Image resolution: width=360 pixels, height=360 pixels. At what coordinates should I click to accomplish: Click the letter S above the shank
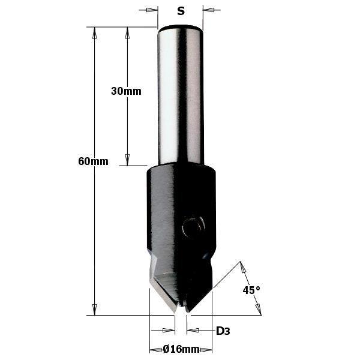(x=181, y=11)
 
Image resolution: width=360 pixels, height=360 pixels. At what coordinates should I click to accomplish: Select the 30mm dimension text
(x=126, y=91)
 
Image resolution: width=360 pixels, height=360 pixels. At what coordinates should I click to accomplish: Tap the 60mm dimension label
(x=93, y=161)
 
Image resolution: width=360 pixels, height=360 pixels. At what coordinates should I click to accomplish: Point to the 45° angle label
(x=251, y=290)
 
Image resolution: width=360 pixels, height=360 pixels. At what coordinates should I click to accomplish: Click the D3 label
(x=223, y=331)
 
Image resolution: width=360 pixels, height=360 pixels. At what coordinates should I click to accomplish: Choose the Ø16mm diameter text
(x=181, y=349)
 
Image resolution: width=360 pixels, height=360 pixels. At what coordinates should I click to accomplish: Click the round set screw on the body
(x=193, y=226)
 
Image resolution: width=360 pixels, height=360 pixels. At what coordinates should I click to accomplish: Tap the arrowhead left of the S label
(x=152, y=10)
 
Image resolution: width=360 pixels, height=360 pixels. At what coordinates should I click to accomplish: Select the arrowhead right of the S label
(x=208, y=10)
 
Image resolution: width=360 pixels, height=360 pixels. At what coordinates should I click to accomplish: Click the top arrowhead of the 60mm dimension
(x=94, y=33)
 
